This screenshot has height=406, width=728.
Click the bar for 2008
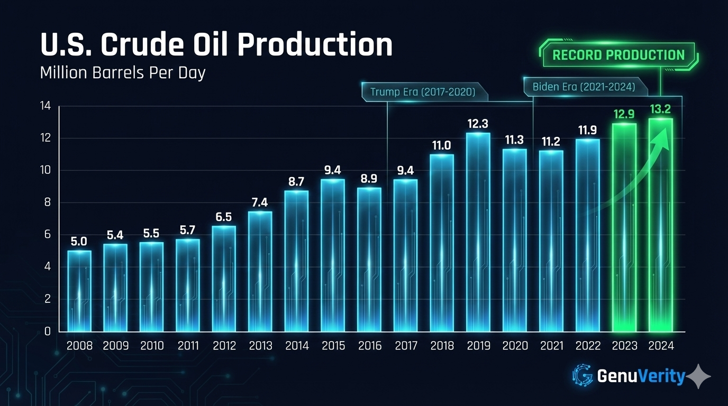tap(79, 291)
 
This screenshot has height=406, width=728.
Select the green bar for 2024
tap(661, 225)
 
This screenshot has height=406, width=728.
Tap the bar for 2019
tap(478, 233)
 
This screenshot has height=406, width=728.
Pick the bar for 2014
tap(297, 261)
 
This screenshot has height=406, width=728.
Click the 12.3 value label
tap(478, 124)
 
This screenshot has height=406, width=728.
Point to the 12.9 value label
tap(624, 114)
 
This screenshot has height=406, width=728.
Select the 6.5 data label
tap(224, 217)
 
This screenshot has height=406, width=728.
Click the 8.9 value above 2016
tap(369, 179)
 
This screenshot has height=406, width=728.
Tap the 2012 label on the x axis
tap(224, 346)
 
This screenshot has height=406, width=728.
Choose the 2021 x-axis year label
tap(551, 346)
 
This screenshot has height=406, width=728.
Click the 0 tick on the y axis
tap(48, 331)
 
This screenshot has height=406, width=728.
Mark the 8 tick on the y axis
tap(48, 203)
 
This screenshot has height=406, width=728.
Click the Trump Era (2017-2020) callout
tap(422, 91)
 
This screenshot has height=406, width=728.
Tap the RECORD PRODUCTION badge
tap(618, 55)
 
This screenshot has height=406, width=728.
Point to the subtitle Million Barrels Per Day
tap(123, 73)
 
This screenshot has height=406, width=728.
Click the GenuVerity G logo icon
tap(583, 376)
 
